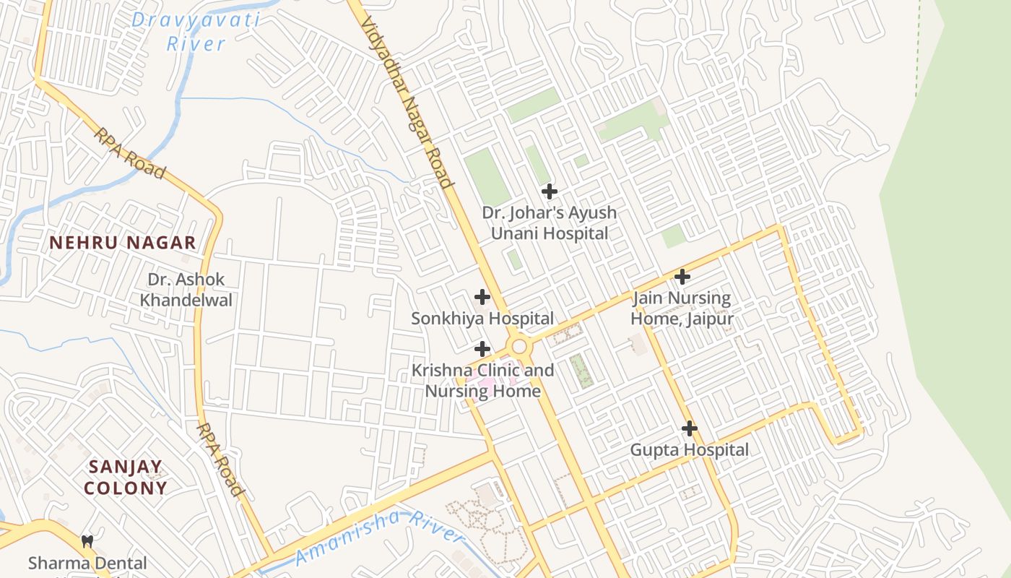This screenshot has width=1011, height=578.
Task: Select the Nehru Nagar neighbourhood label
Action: click(123, 243)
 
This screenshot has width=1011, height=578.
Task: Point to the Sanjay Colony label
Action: click(125, 477)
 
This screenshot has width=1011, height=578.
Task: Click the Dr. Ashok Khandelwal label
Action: click(186, 289)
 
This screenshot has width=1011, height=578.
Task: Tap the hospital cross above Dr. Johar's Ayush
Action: click(550, 191)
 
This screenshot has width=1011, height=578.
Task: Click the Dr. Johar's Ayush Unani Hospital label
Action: click(550, 223)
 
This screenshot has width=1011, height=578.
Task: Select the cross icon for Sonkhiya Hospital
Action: click(482, 297)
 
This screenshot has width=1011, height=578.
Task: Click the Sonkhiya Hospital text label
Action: click(482, 319)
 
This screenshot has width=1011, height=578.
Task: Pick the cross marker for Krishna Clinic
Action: click(482, 350)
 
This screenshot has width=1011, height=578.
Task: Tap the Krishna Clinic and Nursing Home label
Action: click(482, 381)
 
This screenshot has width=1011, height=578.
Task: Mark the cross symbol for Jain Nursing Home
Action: click(682, 277)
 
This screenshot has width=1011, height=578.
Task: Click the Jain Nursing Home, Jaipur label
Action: click(682, 309)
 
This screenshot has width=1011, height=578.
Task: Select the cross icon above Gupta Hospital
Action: click(690, 428)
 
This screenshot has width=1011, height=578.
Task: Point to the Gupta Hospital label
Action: click(690, 450)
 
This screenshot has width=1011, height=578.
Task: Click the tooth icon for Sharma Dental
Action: click(87, 541)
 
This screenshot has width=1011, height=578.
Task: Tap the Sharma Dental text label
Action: click(87, 563)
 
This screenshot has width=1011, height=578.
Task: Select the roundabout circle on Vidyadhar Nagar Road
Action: click(518, 346)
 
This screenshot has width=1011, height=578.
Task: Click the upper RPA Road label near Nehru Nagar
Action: click(129, 153)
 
